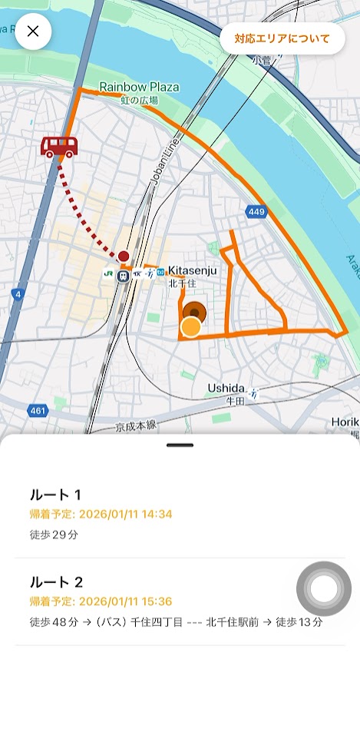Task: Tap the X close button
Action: pyautogui.click(x=33, y=31)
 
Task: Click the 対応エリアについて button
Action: pyautogui.click(x=282, y=38)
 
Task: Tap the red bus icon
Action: pyautogui.click(x=58, y=146)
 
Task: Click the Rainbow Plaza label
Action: pyautogui.click(x=139, y=88)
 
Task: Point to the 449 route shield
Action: pyautogui.click(x=256, y=211)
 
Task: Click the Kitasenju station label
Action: pyautogui.click(x=193, y=270)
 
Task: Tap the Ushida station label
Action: pyautogui.click(x=226, y=389)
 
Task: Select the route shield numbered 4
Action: pyautogui.click(x=17, y=293)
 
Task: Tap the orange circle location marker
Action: pyautogui.click(x=190, y=328)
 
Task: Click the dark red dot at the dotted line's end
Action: pyautogui.click(x=124, y=256)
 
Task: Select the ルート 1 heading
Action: pyautogui.click(x=55, y=495)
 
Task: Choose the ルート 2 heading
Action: pyautogui.click(x=56, y=582)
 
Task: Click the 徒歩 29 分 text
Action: pyautogui.click(x=54, y=535)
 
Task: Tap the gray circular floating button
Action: pyautogui.click(x=324, y=589)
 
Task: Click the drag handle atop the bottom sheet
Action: pyautogui.click(x=180, y=445)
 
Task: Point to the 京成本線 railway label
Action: pyautogui.click(x=136, y=425)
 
